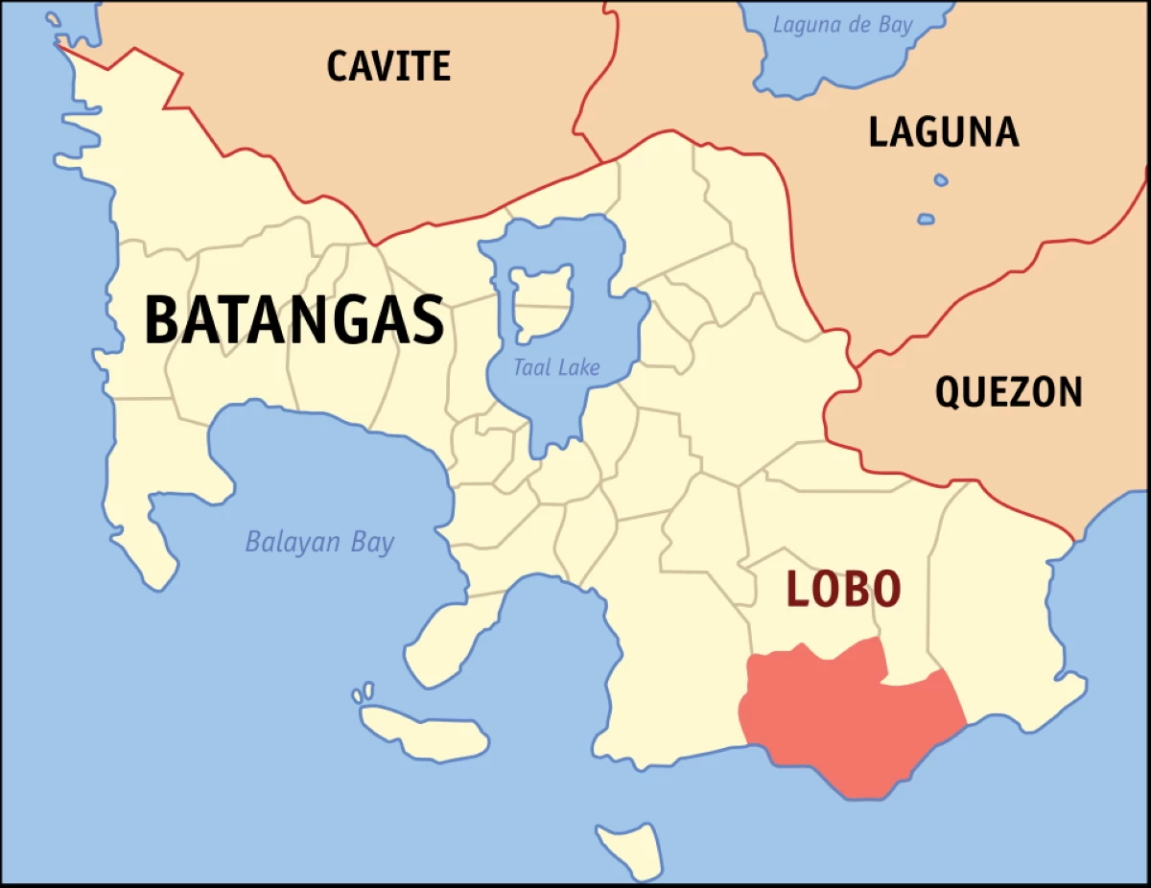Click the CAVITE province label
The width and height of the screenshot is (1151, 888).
click(x=388, y=66)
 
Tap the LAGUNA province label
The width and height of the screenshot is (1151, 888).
click(x=943, y=132)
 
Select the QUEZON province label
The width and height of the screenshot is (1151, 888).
click(x=1008, y=392)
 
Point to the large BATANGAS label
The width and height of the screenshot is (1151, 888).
click(x=294, y=320)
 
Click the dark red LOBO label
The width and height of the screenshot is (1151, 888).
click(x=844, y=589)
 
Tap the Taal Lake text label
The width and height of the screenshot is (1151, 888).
click(x=556, y=367)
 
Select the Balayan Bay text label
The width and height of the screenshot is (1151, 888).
click(x=319, y=543)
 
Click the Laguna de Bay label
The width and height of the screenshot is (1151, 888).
click(x=844, y=25)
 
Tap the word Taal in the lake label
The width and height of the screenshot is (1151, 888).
click(x=530, y=367)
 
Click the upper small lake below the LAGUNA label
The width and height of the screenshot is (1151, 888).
click(x=940, y=180)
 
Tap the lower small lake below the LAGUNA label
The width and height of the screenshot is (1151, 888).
click(x=925, y=220)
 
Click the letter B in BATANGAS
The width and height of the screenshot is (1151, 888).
click(x=162, y=320)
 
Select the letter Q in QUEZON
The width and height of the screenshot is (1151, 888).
click(x=949, y=392)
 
